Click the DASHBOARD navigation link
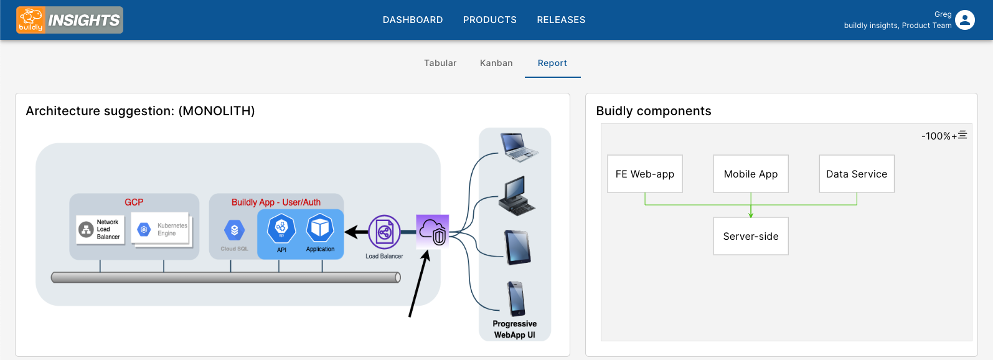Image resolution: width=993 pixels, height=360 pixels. [x=413, y=20]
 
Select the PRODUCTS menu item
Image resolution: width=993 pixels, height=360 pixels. [x=490, y=20]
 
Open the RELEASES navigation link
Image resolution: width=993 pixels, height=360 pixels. [x=561, y=20]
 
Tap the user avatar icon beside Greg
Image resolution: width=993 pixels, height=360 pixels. [x=965, y=20]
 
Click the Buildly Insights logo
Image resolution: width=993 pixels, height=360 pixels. [x=70, y=20]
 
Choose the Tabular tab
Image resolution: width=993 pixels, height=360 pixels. [x=440, y=63]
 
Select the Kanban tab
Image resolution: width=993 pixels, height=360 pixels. [x=496, y=63]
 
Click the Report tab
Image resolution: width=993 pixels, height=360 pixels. [x=552, y=63]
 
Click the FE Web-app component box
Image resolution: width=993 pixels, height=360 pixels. [x=645, y=174]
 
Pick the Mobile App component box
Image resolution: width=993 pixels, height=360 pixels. [x=751, y=174]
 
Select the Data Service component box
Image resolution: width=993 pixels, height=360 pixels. [x=857, y=174]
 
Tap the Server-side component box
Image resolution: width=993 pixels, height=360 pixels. [x=751, y=236]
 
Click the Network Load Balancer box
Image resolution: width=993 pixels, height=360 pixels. [x=100, y=230]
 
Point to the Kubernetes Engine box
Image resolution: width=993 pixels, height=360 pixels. [x=161, y=230]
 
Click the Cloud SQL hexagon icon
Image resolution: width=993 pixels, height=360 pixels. [x=234, y=230]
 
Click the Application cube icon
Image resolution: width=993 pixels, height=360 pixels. [x=320, y=228]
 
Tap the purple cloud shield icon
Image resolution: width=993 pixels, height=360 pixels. [x=433, y=231]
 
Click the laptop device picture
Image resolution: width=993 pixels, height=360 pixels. [x=518, y=147]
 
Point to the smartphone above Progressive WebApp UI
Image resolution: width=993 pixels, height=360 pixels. [x=516, y=298]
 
